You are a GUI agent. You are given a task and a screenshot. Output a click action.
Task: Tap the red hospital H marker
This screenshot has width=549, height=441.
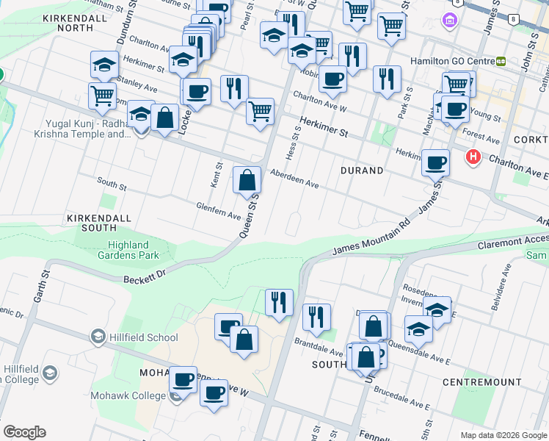coord(473,157)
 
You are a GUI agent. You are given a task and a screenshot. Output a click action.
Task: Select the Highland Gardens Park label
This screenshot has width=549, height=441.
coord(128,250)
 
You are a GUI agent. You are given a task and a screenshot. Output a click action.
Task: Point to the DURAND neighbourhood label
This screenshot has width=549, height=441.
coord(362,171)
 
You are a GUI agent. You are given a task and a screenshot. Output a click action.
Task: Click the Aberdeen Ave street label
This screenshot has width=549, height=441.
coord(294,181)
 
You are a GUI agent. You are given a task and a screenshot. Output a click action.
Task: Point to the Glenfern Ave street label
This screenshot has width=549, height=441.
coord(218,211)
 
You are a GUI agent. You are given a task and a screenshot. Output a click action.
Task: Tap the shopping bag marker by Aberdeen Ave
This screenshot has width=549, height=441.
coord(247,180)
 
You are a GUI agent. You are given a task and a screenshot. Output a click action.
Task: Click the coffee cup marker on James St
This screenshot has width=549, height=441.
coord(436,162)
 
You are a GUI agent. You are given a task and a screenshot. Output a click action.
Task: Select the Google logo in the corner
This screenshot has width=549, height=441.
coord(24,432)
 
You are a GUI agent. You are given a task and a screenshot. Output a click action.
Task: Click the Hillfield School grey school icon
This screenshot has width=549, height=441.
coord(98,337)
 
